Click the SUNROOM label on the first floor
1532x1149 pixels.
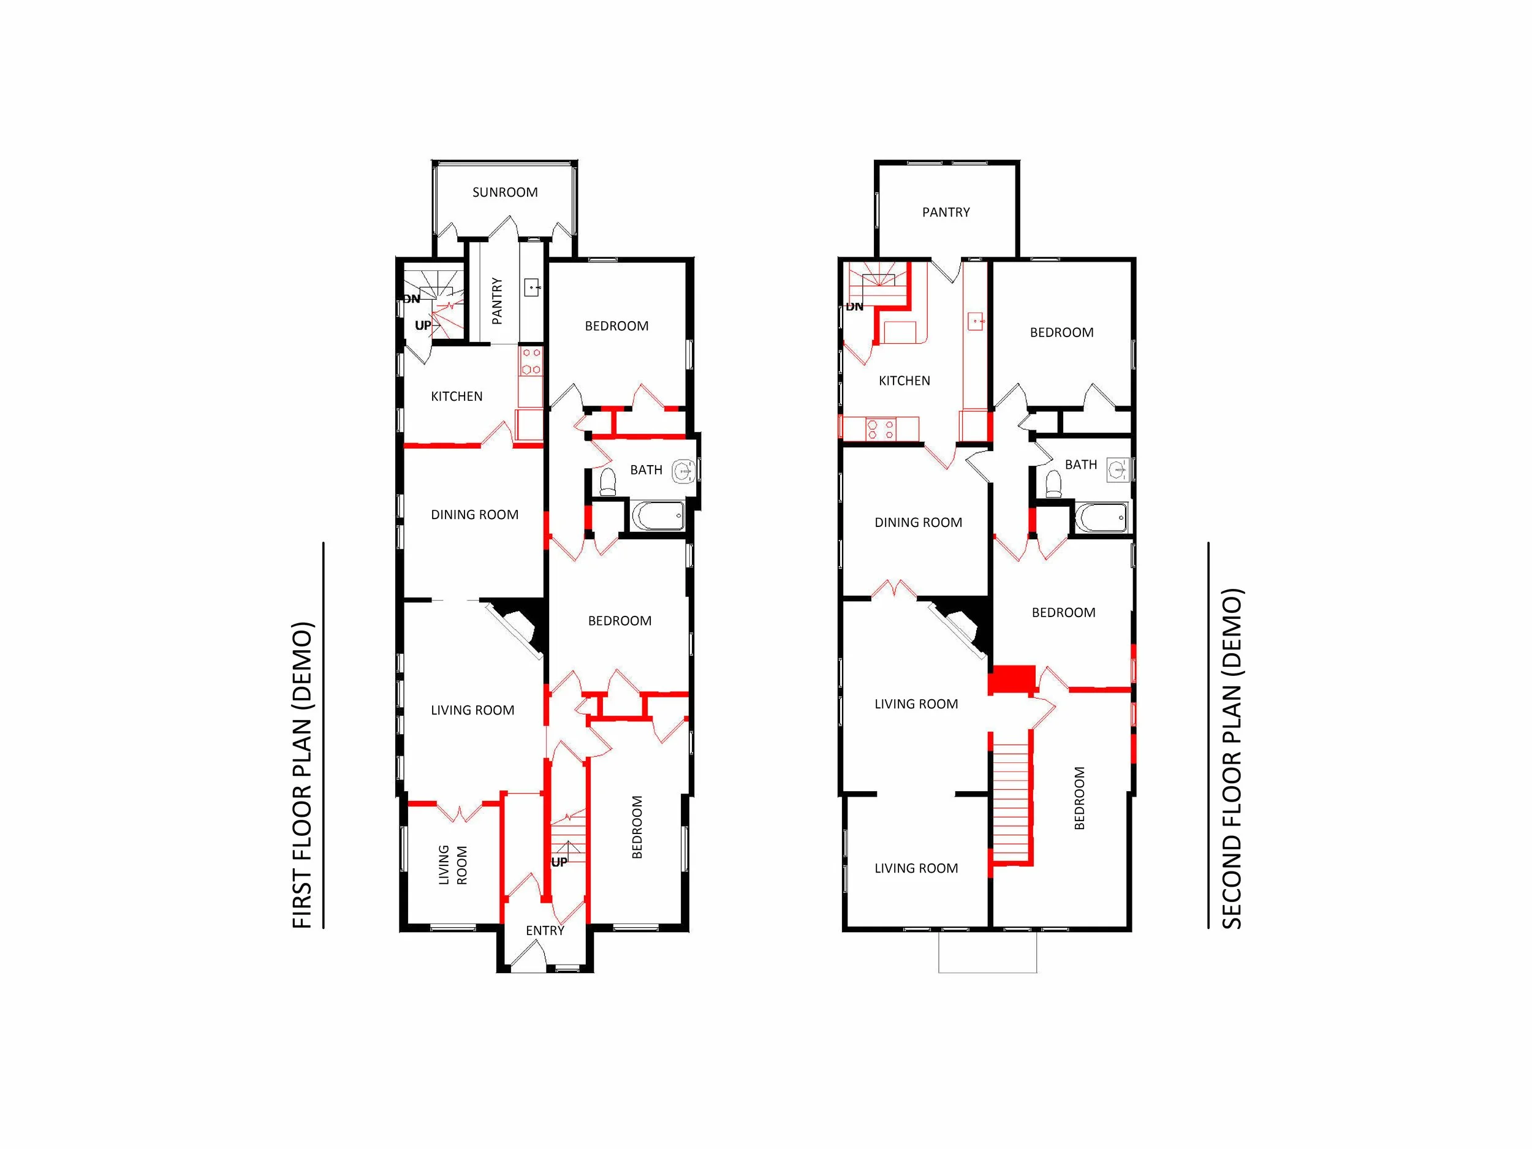pyautogui.click(x=505, y=192)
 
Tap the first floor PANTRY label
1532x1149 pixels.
pyautogui.click(x=496, y=301)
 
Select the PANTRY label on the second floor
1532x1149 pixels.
pyautogui.click(x=946, y=213)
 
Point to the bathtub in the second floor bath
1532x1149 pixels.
pyautogui.click(x=1101, y=517)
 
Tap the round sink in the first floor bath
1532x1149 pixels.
pyautogui.click(x=684, y=471)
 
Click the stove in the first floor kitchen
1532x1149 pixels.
pyautogui.click(x=531, y=362)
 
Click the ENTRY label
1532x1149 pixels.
pyautogui.click(x=544, y=931)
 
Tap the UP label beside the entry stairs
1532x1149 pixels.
pyautogui.click(x=559, y=862)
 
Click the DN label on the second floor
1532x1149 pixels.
pyautogui.click(x=855, y=307)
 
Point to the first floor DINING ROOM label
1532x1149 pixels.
pyautogui.click(x=474, y=515)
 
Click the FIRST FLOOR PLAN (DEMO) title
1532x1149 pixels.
pyautogui.click(x=303, y=776)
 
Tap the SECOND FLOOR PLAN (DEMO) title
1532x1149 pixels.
pyautogui.click(x=1232, y=759)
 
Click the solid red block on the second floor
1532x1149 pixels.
pyautogui.click(x=1012, y=680)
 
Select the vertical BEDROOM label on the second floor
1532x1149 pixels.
pyautogui.click(x=1079, y=798)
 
